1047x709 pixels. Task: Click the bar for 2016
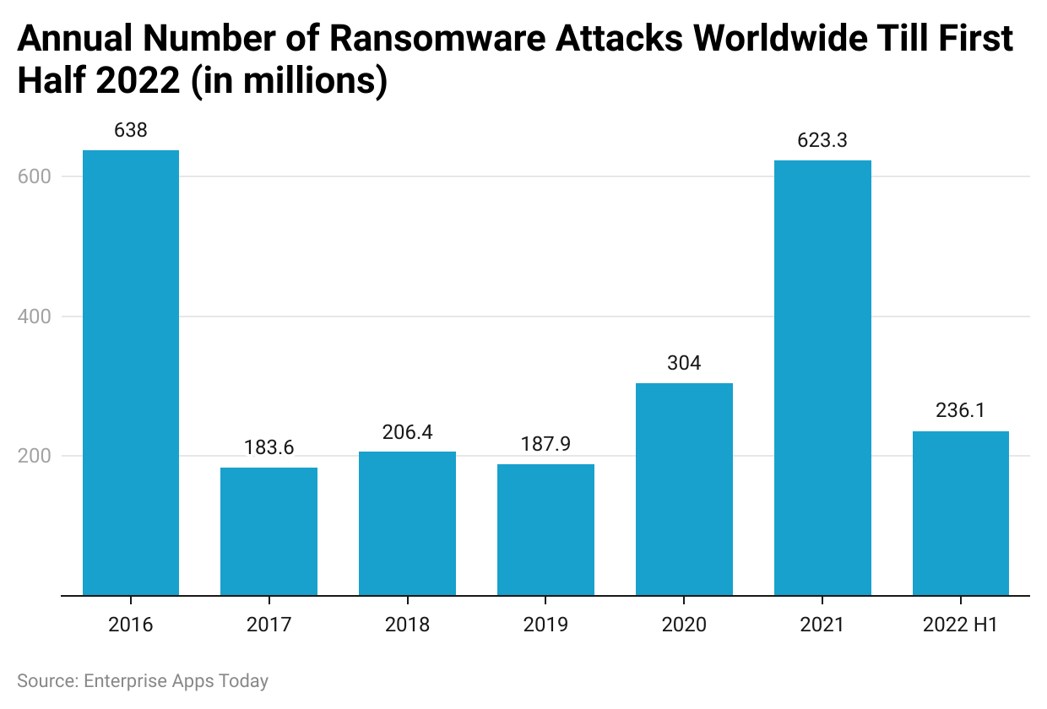130,372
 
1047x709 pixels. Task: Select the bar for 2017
269,531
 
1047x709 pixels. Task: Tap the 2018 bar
407,523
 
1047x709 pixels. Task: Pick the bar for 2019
545,529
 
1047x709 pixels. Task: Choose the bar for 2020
684,489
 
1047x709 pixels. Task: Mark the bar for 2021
822,377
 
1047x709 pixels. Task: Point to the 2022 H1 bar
961,513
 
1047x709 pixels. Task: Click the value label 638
130,131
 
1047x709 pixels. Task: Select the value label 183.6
269,448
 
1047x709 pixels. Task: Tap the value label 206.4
407,432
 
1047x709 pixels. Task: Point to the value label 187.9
545,445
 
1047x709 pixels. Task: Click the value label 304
684,364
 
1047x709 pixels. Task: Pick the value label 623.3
822,141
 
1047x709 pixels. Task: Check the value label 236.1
961,411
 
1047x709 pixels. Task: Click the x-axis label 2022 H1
961,625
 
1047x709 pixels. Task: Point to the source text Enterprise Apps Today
176,681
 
